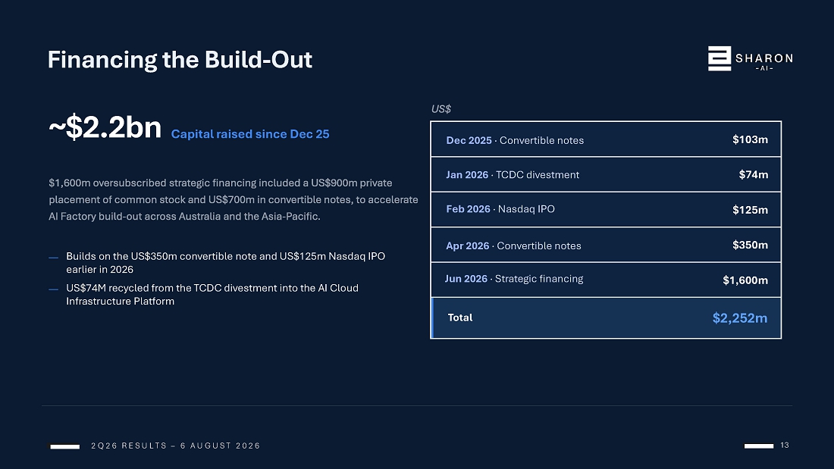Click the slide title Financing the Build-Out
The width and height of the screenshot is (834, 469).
coord(180,60)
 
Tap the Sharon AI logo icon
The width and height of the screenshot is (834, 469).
coord(719,58)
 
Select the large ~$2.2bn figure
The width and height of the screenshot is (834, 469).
coord(105,127)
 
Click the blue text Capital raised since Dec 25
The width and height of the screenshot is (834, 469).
coord(250,134)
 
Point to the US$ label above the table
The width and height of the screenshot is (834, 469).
coord(441,109)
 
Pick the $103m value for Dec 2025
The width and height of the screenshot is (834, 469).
coord(750,139)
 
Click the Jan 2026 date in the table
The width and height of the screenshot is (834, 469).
coord(467,175)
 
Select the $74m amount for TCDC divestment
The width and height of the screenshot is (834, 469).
coord(753,174)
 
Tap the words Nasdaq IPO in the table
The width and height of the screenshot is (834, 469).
coord(526,209)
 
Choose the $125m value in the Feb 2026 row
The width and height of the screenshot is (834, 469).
coord(750,210)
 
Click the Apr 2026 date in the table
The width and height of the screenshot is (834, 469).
coord(468,245)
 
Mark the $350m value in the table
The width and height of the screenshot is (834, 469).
coord(750,245)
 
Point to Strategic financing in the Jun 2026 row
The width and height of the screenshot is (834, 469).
coord(539,279)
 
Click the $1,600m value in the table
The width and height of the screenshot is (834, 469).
coord(745,280)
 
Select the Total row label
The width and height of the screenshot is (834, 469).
coord(460,317)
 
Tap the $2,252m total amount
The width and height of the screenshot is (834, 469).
coord(740,318)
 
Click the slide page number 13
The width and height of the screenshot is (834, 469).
coord(785,445)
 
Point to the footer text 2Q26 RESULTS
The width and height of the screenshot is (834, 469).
coord(129,446)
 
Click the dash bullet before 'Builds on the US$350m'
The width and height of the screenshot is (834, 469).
coord(53,258)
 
